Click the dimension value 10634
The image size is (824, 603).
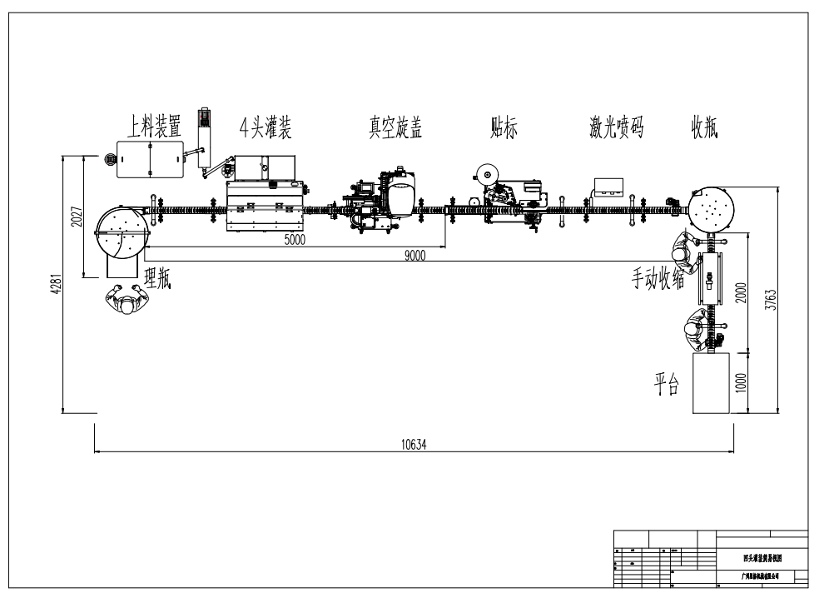(x=414, y=444)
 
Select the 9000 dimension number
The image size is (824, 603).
(x=414, y=256)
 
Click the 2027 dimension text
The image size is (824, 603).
(x=77, y=217)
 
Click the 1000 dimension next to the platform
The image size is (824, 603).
(x=742, y=382)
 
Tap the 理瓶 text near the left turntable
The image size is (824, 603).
(x=158, y=279)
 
